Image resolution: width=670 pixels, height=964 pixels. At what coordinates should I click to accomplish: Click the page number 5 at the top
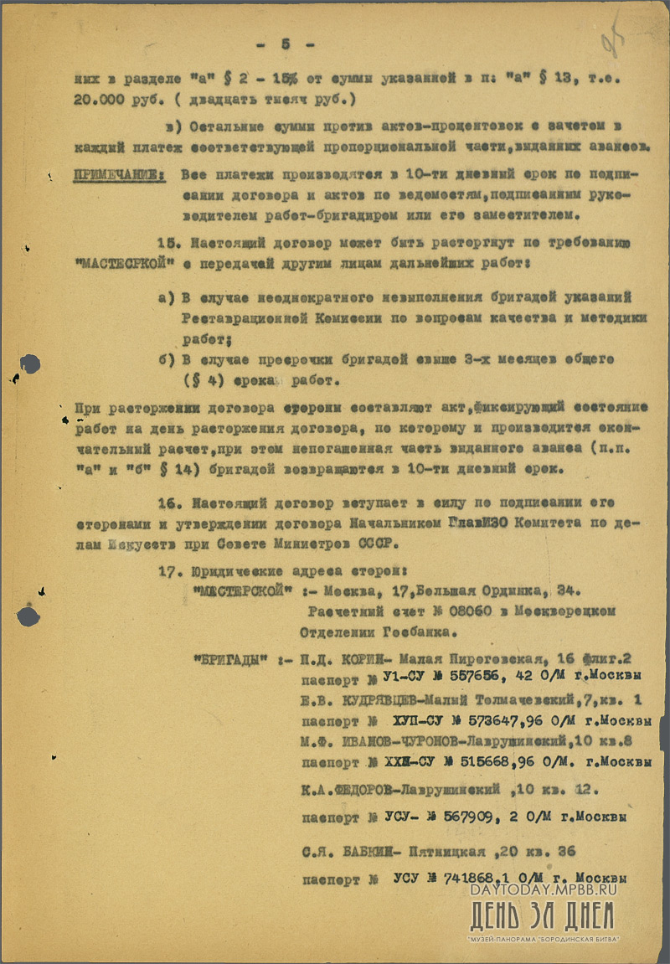(x=285, y=44)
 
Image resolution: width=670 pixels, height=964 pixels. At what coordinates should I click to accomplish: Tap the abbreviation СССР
(x=373, y=543)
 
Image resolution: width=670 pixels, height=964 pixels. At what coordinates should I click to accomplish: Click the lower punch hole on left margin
(x=28, y=616)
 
